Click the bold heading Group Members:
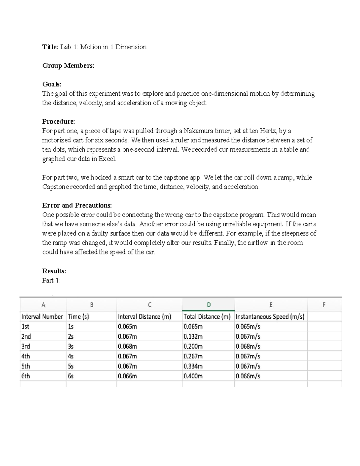point(68,66)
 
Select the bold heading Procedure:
point(58,122)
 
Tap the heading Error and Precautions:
point(77,206)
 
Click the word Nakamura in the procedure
point(197,131)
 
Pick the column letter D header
point(208,305)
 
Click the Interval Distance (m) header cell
point(144,317)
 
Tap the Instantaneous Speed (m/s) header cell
point(270,317)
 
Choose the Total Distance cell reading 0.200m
point(193,346)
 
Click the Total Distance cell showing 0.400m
point(193,376)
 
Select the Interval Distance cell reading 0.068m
point(127,346)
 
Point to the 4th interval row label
point(25,356)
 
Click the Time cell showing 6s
point(71,376)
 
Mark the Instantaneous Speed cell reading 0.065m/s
point(248,326)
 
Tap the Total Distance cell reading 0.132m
point(193,336)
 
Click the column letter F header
point(324,305)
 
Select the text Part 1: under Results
point(51,281)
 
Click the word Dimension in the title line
point(131,47)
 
